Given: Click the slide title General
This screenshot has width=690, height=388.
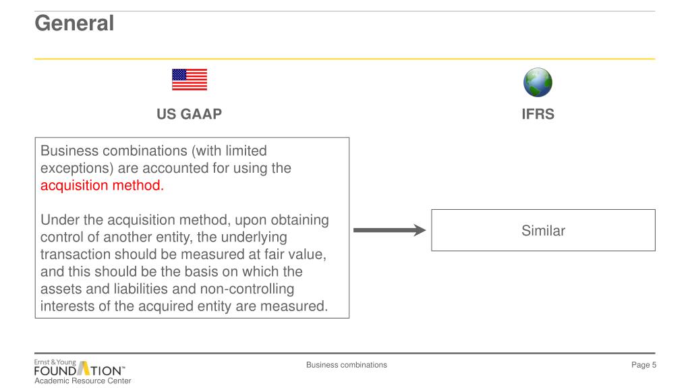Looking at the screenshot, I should (x=74, y=24).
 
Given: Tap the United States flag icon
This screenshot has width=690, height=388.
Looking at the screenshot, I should (x=190, y=80).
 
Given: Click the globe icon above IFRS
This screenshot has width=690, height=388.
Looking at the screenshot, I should (x=538, y=82).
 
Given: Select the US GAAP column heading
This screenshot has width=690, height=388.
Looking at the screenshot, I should (x=189, y=114).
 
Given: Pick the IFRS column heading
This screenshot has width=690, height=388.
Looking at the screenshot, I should (x=538, y=114).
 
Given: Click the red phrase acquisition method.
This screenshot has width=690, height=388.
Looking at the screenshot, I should (x=103, y=186).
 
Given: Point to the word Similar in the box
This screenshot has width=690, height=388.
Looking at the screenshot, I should (x=543, y=231).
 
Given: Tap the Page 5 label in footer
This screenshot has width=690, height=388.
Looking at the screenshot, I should (x=643, y=365).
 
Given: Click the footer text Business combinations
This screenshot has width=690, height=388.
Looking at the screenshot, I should (x=346, y=365).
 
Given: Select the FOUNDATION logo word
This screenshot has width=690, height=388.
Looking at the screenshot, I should (x=79, y=370).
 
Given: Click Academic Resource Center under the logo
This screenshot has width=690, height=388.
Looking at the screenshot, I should (x=83, y=381).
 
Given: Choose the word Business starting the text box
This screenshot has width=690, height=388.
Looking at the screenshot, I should (x=68, y=150).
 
